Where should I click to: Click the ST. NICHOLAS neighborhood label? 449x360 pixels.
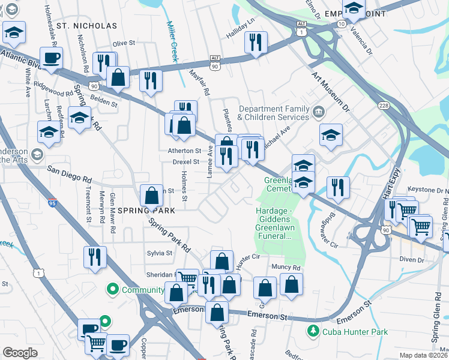[x=87, y=26]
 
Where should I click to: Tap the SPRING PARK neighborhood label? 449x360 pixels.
[x=146, y=211]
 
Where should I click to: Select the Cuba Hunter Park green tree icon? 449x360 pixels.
[x=312, y=331]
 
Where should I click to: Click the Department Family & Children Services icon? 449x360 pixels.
[x=318, y=111]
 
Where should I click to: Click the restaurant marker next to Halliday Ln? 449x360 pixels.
[x=256, y=43]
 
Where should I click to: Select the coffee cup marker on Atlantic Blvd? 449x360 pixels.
[x=51, y=58]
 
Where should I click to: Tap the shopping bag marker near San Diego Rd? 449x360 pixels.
[x=151, y=195]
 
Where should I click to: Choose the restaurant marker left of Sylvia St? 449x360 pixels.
[x=94, y=257]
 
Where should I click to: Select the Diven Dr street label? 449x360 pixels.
[x=412, y=260]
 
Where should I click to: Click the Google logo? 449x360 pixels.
[x=20, y=352]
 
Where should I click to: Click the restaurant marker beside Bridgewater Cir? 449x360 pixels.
[x=338, y=187]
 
